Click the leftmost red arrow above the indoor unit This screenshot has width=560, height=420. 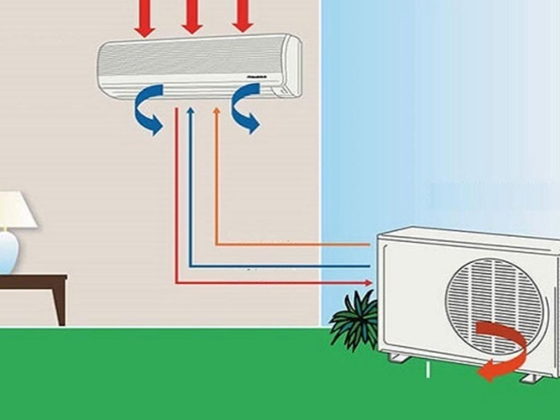point(144,19)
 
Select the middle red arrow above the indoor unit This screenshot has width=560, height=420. point(192,16)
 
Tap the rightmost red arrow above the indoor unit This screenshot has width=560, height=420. point(242,15)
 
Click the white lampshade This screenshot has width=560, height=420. point(14,210)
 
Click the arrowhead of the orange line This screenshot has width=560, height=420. point(217,112)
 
